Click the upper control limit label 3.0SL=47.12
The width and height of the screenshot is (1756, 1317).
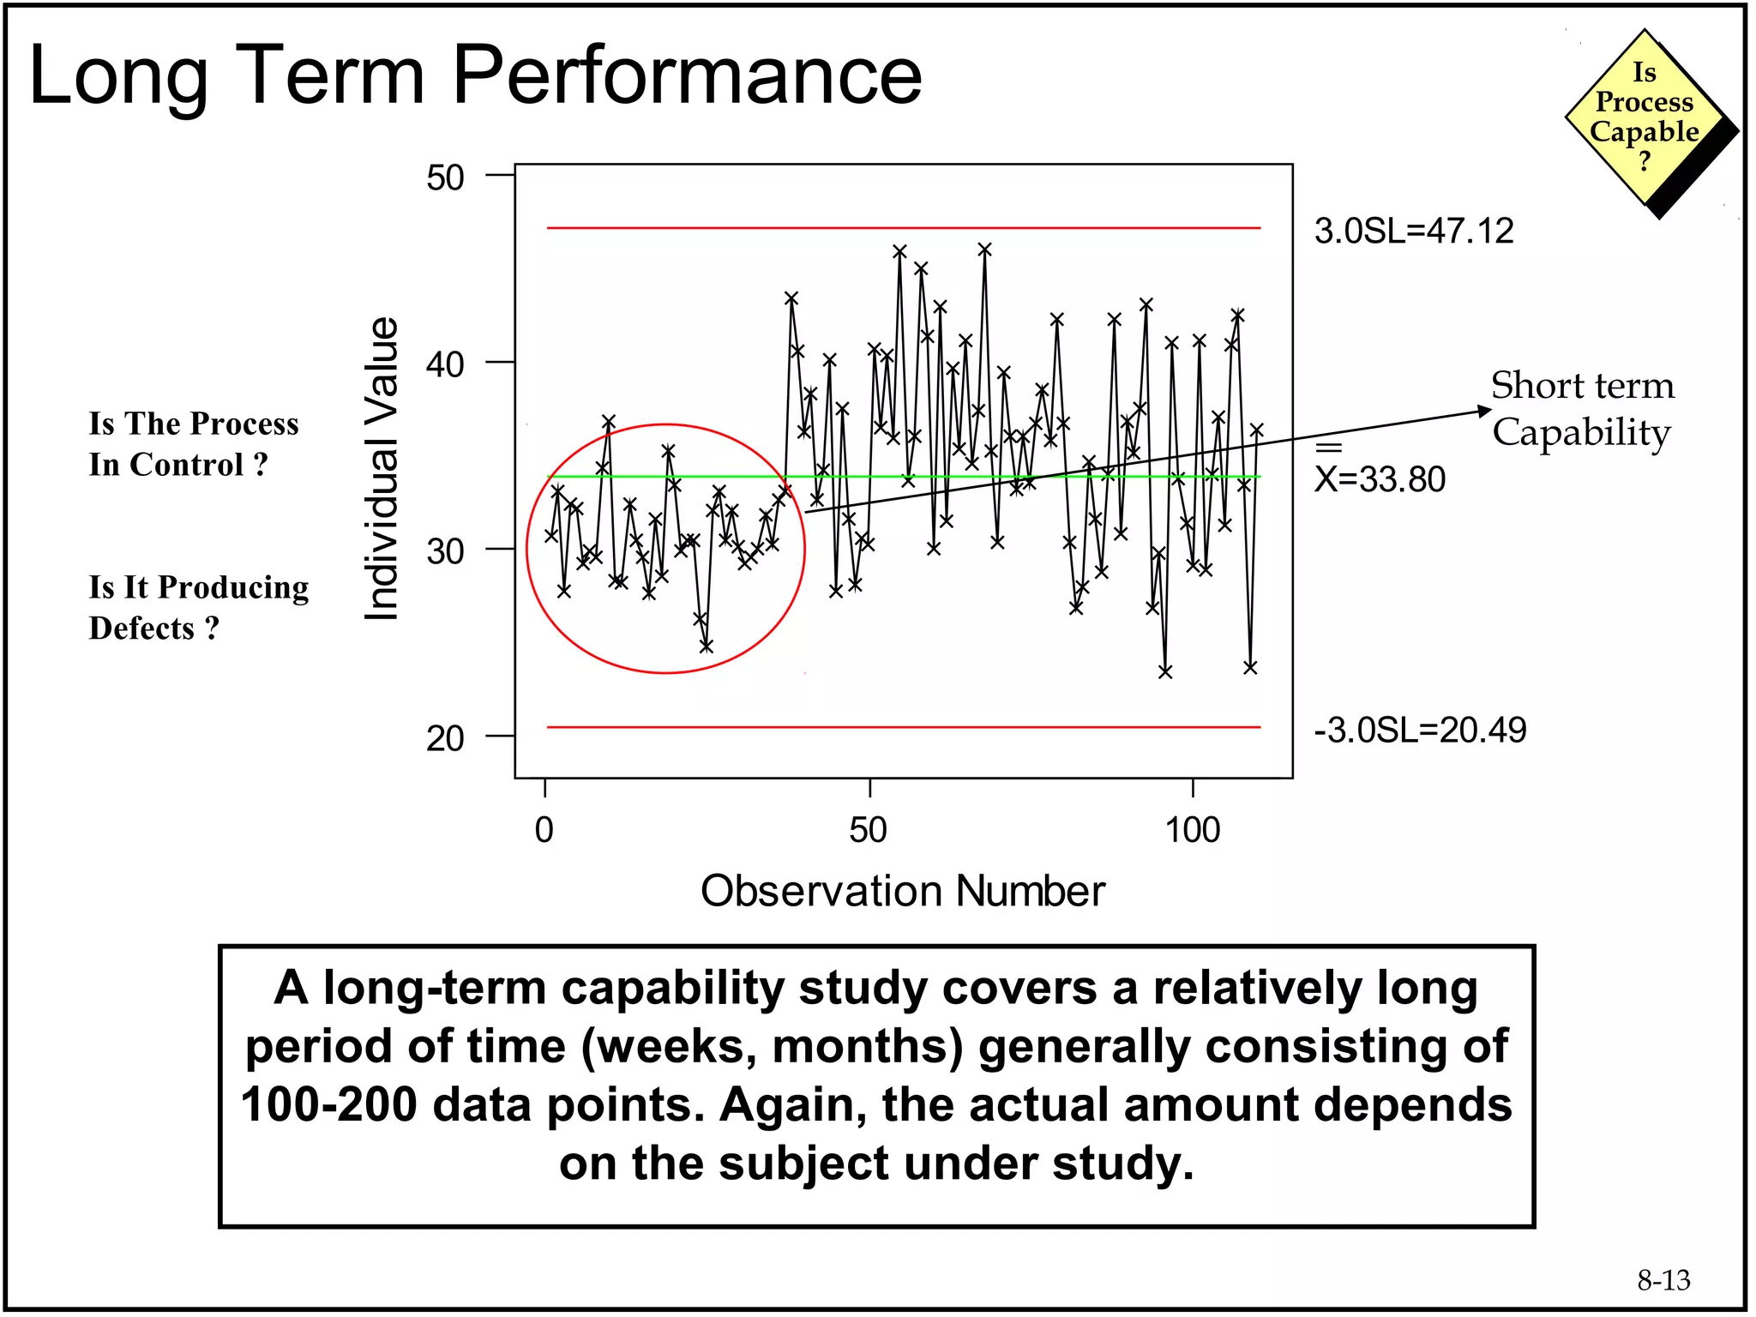(x=1414, y=232)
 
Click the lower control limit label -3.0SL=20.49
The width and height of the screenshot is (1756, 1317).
(x=1420, y=731)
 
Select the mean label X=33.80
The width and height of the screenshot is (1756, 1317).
(x=1380, y=478)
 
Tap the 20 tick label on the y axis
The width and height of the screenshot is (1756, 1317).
(x=445, y=738)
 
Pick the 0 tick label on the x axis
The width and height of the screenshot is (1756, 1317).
(x=544, y=830)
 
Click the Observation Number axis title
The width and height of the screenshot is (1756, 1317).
(x=902, y=891)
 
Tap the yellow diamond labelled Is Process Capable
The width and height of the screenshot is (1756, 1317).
(x=1644, y=117)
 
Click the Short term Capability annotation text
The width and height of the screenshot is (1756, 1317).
(x=1582, y=409)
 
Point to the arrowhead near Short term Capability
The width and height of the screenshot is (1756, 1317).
(x=1485, y=412)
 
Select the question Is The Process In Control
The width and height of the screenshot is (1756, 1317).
(x=194, y=444)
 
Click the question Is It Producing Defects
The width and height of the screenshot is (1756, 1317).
(x=198, y=607)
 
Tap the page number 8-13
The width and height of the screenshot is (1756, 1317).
(x=1663, y=1280)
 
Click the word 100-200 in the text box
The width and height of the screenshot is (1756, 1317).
(x=329, y=1104)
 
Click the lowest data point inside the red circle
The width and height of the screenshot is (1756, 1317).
(x=706, y=646)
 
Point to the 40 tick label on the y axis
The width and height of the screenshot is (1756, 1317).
(x=445, y=364)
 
